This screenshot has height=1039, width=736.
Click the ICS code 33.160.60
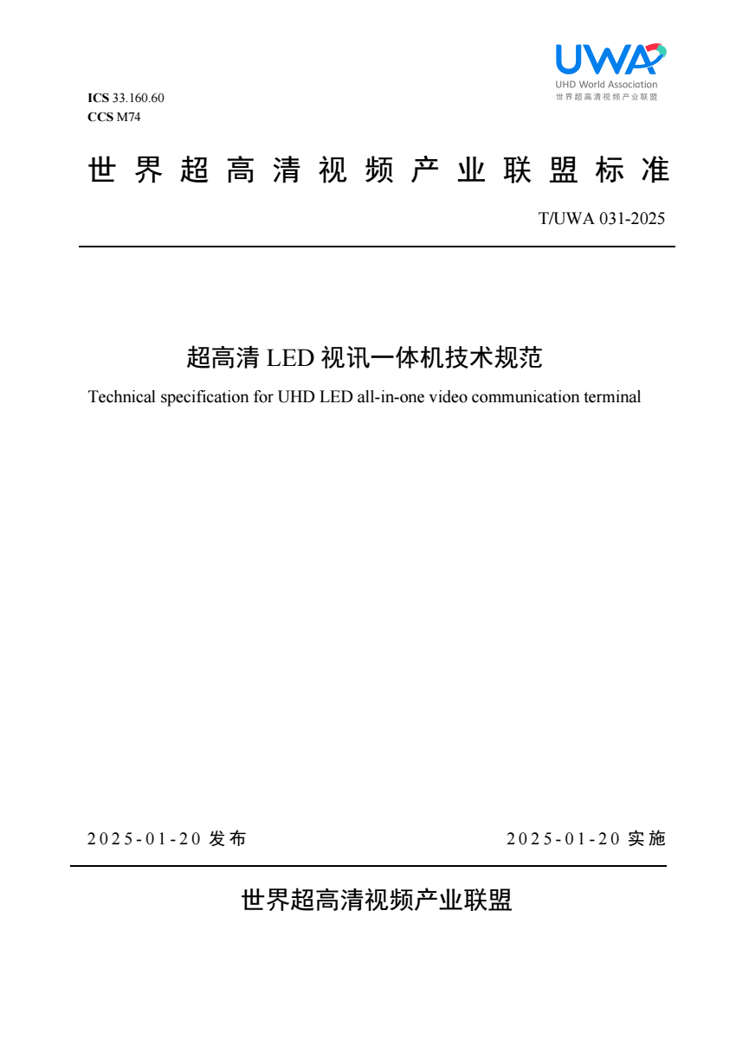point(138,98)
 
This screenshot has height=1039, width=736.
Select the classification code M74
point(128,118)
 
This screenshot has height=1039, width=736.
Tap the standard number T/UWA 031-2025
point(602,218)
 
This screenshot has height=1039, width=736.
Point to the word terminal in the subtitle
point(612,398)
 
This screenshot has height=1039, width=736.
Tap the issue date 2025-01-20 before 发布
point(145,839)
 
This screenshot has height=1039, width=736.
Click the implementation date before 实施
point(564,839)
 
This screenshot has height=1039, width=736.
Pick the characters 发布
point(228,839)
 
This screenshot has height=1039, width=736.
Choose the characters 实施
point(647,839)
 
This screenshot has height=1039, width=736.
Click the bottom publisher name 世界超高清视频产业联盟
point(377,901)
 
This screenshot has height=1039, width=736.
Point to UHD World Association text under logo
point(606,85)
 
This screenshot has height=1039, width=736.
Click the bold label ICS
point(98,98)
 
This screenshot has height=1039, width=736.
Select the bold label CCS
point(100,118)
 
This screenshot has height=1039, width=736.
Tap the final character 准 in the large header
point(655,171)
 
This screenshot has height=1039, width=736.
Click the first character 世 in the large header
point(102,171)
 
